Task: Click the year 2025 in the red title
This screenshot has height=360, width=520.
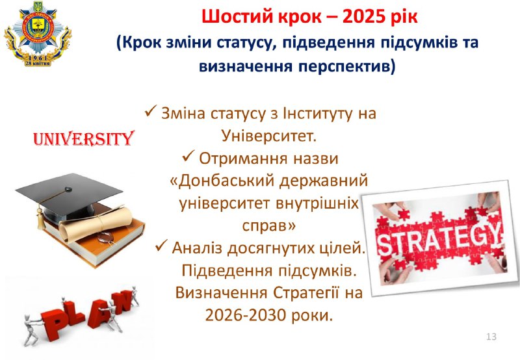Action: pos(364,17)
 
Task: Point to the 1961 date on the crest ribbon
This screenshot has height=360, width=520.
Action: pos(38,58)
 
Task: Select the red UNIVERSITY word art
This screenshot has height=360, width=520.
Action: pos(84,138)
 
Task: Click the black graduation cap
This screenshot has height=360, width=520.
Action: pos(69,194)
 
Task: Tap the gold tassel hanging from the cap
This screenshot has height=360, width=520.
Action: pos(40,218)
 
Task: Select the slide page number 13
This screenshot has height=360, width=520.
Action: pos(491,337)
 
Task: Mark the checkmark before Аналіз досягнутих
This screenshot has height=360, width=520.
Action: pos(161,246)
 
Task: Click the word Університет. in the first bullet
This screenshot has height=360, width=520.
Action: pos(268,136)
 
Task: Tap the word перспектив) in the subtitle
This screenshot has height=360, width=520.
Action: pos(347,67)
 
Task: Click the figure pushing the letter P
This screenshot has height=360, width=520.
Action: pos(31,329)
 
